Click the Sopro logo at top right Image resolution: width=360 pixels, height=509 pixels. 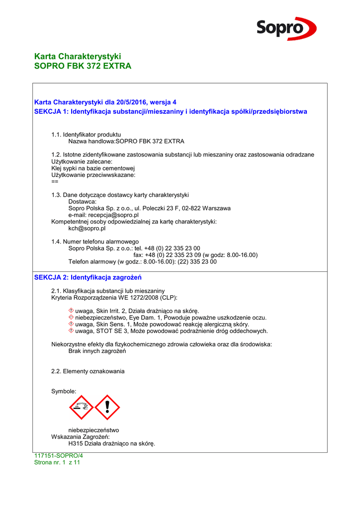pyautogui.click(x=286, y=28)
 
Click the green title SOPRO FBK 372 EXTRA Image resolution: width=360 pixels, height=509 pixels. pyautogui.click(x=83, y=66)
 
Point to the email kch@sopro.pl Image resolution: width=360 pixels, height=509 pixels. pyautogui.click(x=87, y=229)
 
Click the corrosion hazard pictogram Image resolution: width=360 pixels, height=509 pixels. pyautogui.click(x=82, y=407)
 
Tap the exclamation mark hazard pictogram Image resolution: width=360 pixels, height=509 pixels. pyautogui.click(x=107, y=407)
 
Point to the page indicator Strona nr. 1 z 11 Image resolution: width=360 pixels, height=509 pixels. pyautogui.click(x=57, y=462)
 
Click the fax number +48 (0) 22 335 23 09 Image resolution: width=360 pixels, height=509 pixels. pyautogui.click(x=173, y=254)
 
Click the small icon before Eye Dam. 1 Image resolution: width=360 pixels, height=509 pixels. pyautogui.click(x=71, y=317)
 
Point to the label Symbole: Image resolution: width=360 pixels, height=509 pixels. pyautogui.click(x=64, y=391)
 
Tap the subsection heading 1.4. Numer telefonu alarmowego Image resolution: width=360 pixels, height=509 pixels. pyautogui.click(x=95, y=241)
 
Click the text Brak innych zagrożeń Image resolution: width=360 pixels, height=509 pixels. pyautogui.click(x=97, y=351)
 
